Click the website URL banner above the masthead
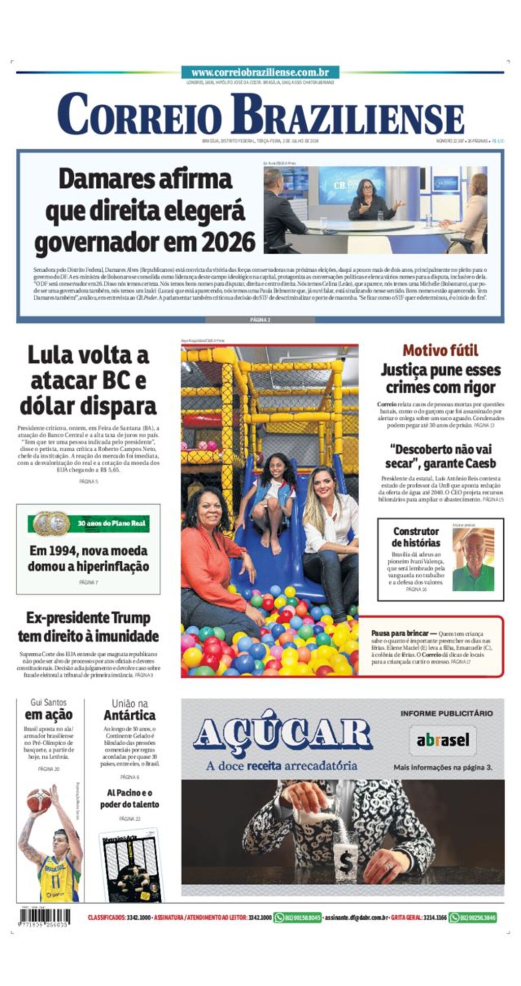click(x=260, y=73)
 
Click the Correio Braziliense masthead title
click(x=260, y=115)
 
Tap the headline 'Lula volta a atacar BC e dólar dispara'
click(x=88, y=381)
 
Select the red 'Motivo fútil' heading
click(x=440, y=351)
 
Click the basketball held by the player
click(x=39, y=800)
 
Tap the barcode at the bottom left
click(x=45, y=917)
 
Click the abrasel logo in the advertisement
click(x=443, y=740)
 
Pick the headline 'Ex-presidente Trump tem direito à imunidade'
click(x=88, y=627)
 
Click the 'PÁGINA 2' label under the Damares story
click(x=260, y=320)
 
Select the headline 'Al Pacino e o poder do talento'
click(x=130, y=798)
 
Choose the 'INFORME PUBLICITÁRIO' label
click(x=446, y=713)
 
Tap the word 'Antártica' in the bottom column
click(x=130, y=715)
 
